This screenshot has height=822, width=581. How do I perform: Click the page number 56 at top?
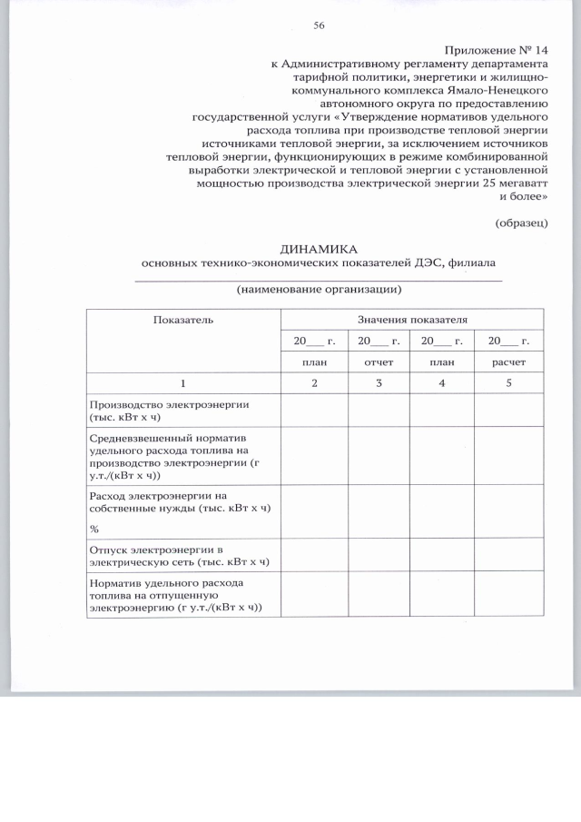[319, 25]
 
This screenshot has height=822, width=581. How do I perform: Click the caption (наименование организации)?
[319, 290]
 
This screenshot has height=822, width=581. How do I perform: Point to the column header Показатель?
[182, 320]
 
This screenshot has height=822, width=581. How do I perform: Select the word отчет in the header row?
[379, 361]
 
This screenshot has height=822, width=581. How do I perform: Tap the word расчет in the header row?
[507, 361]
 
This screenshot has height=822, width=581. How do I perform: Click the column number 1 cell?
[182, 382]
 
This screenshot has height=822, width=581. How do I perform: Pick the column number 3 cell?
[379, 382]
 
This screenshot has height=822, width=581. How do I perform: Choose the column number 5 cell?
[508, 382]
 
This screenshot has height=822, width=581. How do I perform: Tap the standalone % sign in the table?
[94, 529]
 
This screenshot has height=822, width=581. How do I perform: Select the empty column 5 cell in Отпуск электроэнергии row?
[508, 556]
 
